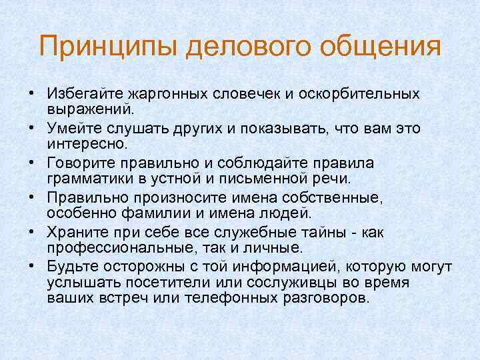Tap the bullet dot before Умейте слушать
[31, 127]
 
